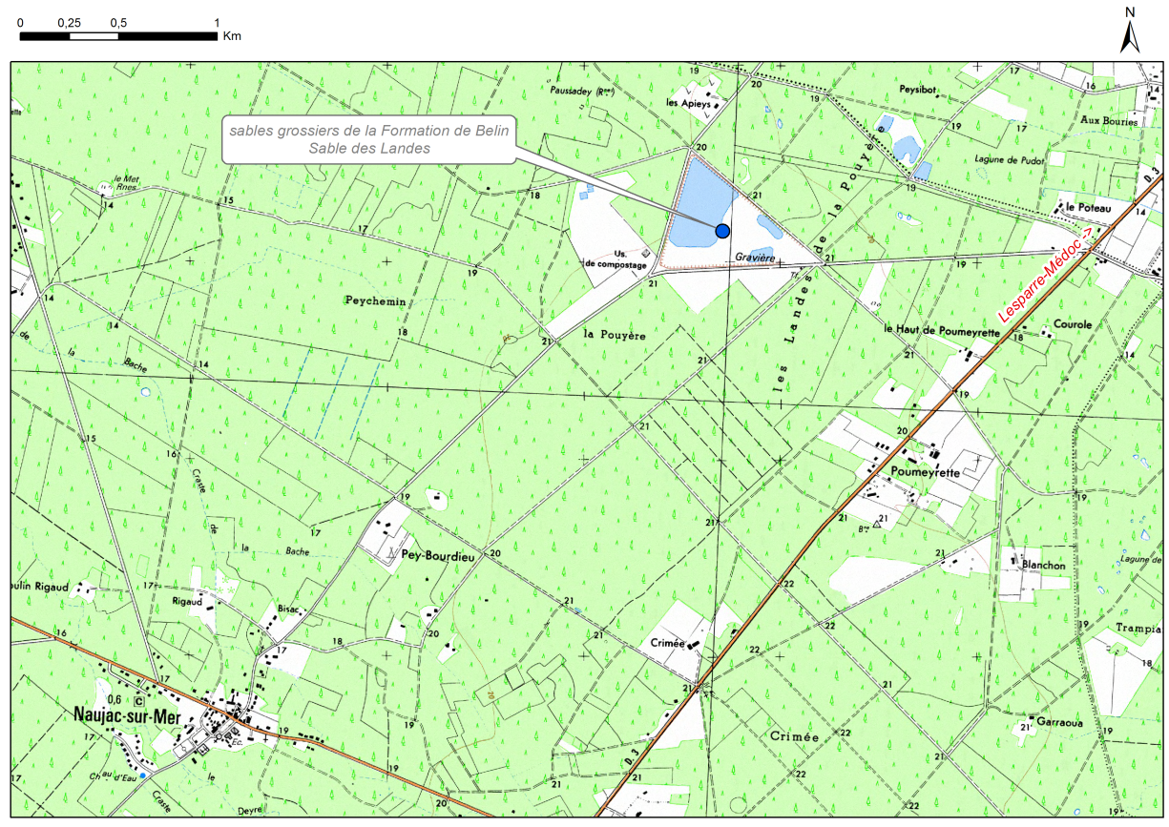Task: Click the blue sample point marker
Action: point(722,230)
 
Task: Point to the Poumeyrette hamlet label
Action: point(923,471)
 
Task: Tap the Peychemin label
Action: point(375,300)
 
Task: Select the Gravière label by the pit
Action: point(754,258)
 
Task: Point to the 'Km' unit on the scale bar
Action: point(232,36)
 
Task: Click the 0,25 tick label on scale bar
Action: point(69,22)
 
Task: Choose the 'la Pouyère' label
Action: point(615,336)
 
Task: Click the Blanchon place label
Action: point(1043,565)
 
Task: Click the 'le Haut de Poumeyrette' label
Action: point(941,330)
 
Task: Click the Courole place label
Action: point(1073,324)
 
